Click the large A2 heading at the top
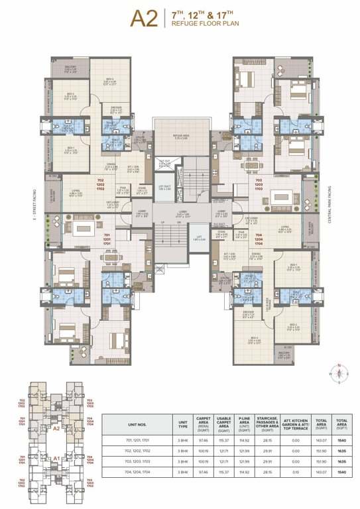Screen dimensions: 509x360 (144, 19)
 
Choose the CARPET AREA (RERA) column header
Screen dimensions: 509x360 (203, 423)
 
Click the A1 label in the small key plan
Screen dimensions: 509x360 (57, 458)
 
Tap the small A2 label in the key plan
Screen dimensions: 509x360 (57, 428)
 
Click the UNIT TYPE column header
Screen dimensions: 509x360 (180, 423)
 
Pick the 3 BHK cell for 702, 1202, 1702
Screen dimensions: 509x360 (180, 451)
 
